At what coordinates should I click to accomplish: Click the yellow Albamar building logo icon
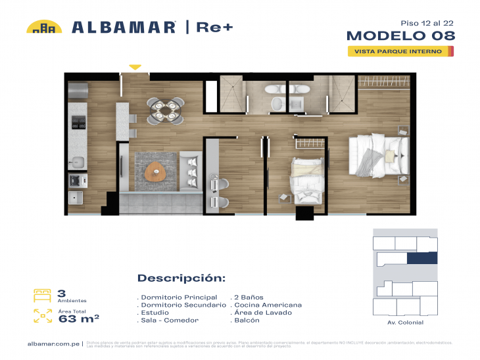pos(44,27)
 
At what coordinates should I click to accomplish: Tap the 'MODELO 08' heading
pos(400,35)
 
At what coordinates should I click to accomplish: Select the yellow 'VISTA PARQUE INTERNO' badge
pos(400,51)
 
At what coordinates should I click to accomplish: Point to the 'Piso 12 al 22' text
pos(427,22)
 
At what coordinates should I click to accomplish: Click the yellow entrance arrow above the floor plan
pos(135,66)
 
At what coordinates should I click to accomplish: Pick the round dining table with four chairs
pos(165,110)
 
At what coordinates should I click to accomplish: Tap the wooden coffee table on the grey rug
pos(155,170)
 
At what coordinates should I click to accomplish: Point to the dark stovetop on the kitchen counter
pos(78,122)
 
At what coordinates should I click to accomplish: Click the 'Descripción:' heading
pos(181,278)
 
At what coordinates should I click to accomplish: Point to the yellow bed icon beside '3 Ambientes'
pos(43,295)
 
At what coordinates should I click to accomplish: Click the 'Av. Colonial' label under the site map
pos(406,323)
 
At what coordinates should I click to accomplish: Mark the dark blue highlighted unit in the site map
pos(421,258)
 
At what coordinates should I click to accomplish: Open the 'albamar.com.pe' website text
pos(54,344)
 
